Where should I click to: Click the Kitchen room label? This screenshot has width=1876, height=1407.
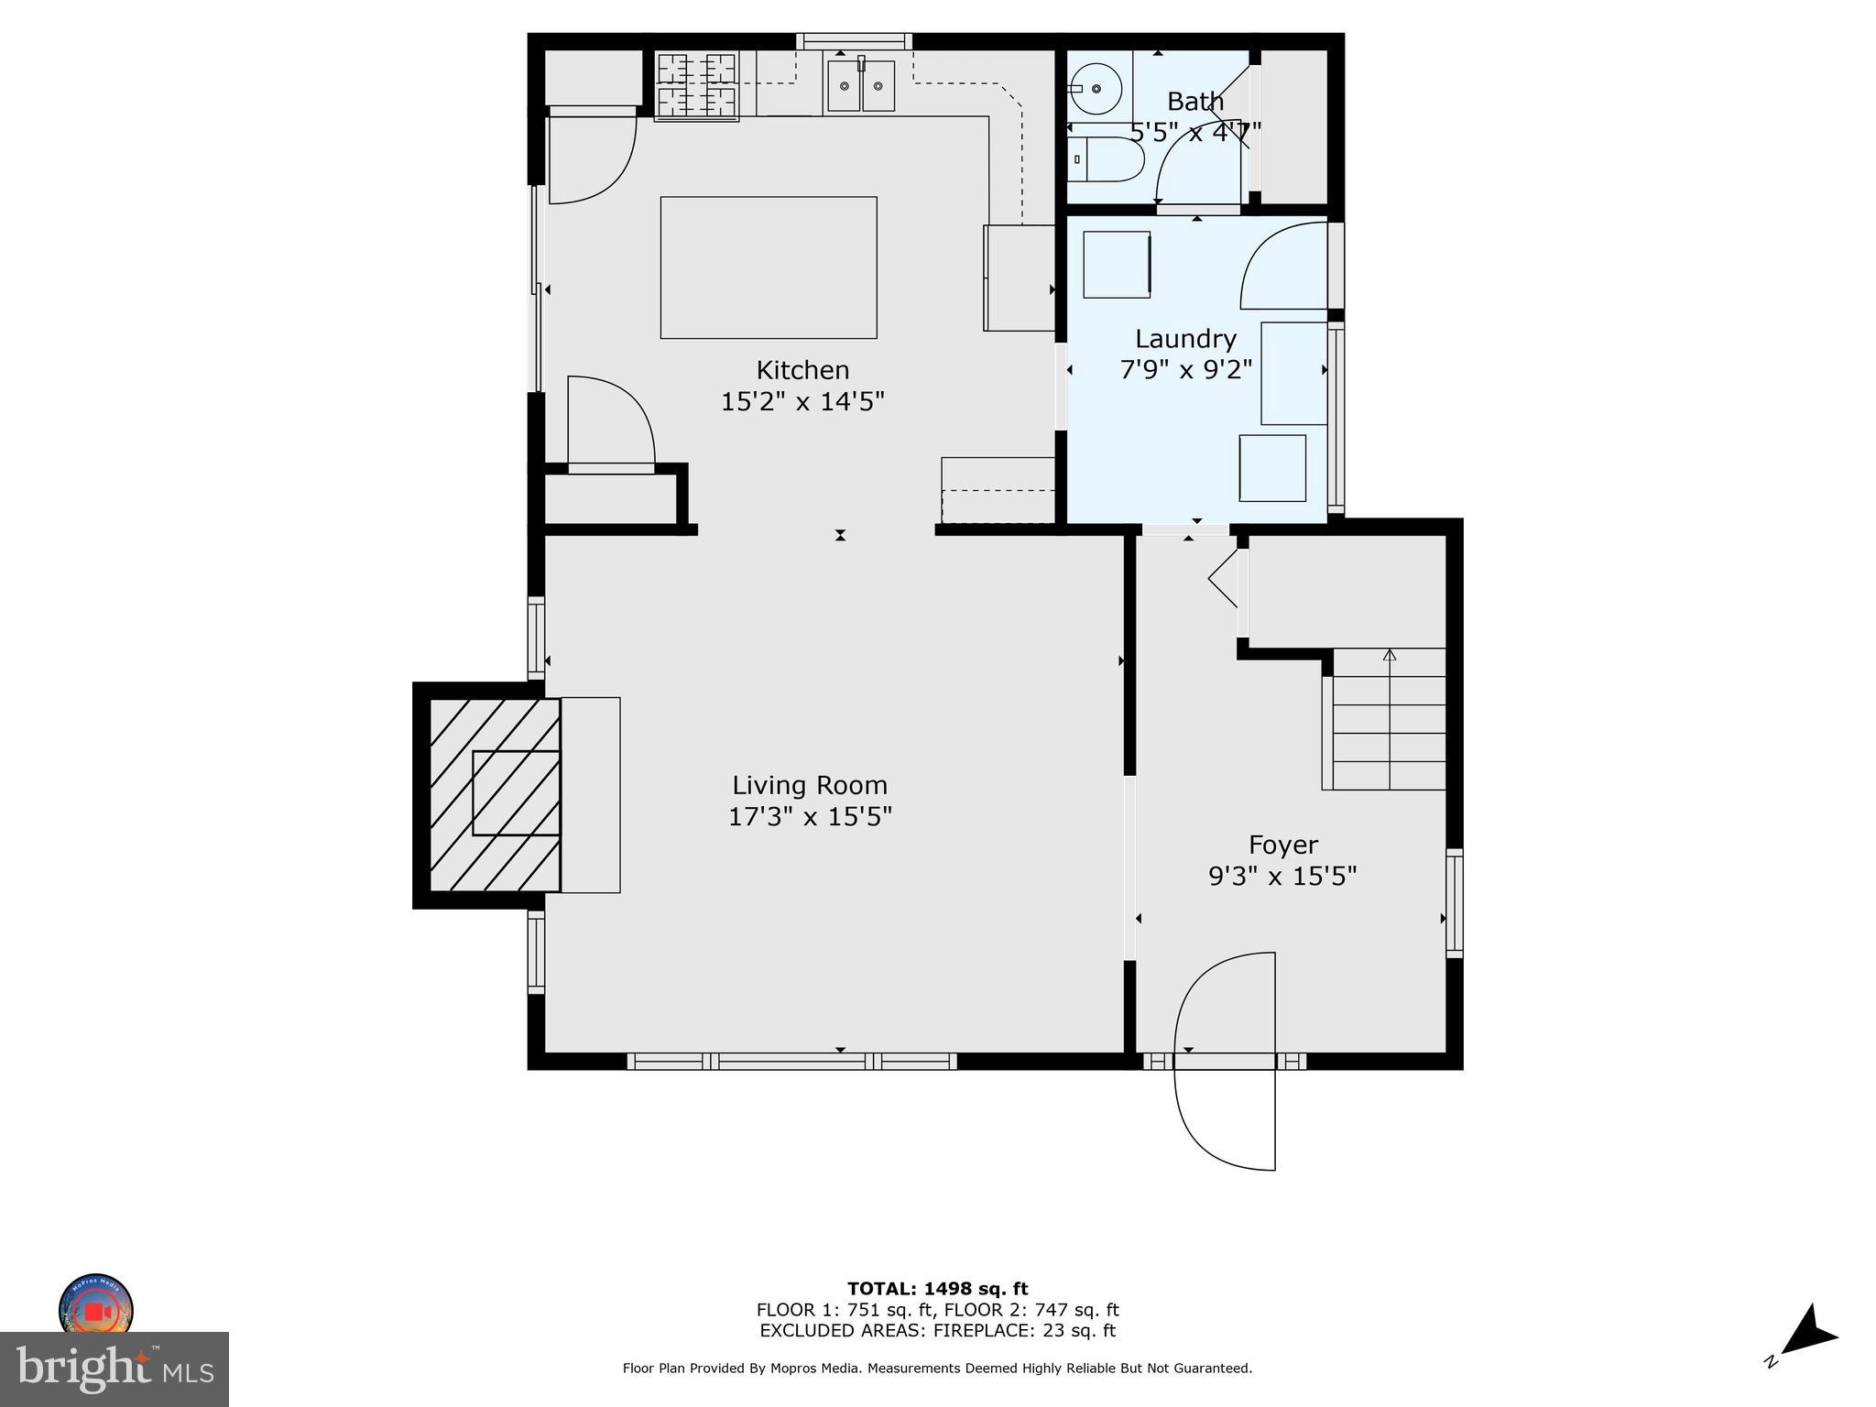pyautogui.click(x=802, y=370)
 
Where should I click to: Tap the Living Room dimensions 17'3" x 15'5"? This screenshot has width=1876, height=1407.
pyautogui.click(x=810, y=816)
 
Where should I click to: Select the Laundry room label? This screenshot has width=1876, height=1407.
pyautogui.click(x=1185, y=339)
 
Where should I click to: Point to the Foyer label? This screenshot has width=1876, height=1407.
pyautogui.click(x=1283, y=845)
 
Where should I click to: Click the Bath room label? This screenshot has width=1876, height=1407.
pyautogui.click(x=1195, y=101)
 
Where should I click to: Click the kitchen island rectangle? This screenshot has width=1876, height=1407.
pyautogui.click(x=768, y=267)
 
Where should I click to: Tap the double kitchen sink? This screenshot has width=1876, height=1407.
pyautogui.click(x=860, y=86)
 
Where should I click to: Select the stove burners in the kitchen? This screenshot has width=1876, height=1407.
pyautogui.click(x=697, y=86)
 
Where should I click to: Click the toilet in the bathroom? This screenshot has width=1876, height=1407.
pyautogui.click(x=1105, y=159)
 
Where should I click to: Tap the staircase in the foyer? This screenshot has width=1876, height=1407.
pyautogui.click(x=1388, y=719)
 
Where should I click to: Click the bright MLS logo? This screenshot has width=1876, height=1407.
pyautogui.click(x=114, y=1369)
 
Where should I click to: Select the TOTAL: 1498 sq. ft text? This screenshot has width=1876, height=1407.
pyautogui.click(x=937, y=1289)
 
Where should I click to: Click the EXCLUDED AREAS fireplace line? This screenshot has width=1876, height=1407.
pyautogui.click(x=937, y=1331)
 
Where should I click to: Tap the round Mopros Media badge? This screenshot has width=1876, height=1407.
pyautogui.click(x=96, y=1308)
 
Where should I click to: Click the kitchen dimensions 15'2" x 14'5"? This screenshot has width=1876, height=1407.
pyautogui.click(x=802, y=401)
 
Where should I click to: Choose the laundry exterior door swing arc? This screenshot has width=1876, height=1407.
pyautogui.click(x=1282, y=266)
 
